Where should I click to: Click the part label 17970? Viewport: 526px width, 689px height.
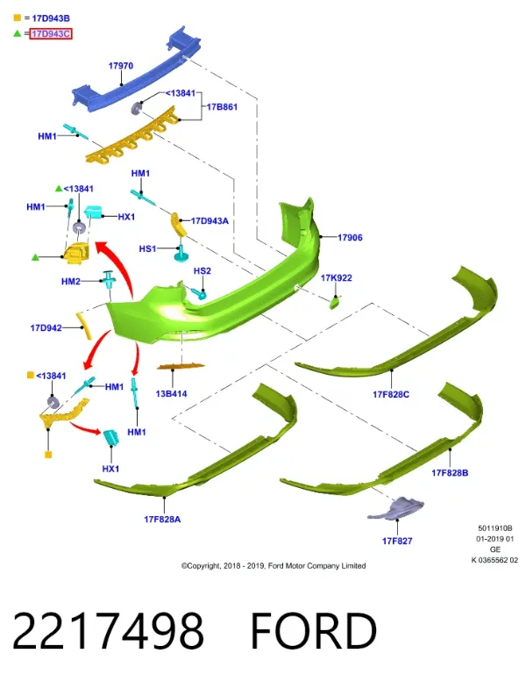[x=121, y=66]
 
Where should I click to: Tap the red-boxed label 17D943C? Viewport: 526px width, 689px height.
[x=51, y=34]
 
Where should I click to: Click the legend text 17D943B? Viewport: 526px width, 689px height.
[x=51, y=18]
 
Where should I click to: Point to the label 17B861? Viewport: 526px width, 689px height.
[x=222, y=107]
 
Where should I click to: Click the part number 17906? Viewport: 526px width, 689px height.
[x=350, y=238]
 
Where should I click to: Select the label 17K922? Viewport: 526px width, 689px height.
[x=337, y=277]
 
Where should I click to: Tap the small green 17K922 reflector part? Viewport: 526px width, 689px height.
[x=335, y=303]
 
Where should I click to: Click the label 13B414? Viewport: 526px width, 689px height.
[x=171, y=394]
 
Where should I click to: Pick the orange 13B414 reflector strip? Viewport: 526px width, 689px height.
[x=181, y=366]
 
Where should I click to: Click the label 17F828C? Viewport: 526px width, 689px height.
[x=391, y=395]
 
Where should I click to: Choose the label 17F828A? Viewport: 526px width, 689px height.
[x=162, y=520]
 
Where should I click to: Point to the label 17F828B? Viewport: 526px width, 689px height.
[x=450, y=473]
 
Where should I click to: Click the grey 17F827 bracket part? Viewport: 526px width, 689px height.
[x=396, y=509]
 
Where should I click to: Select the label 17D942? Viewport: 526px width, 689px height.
[x=46, y=327]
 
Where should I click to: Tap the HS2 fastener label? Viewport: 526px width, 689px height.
[x=203, y=270]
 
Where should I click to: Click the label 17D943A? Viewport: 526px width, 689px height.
[x=210, y=221]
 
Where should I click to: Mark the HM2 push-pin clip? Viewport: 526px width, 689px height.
[x=109, y=279]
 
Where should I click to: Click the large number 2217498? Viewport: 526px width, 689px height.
[x=108, y=631]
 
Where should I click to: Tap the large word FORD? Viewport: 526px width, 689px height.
[x=314, y=631]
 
